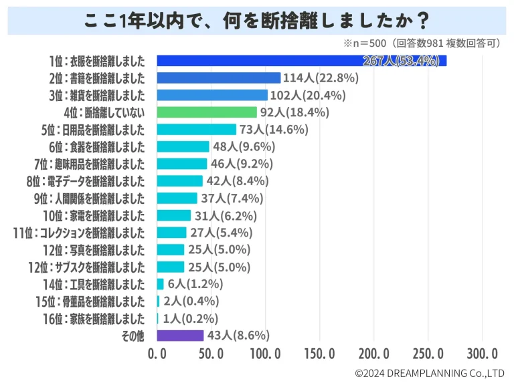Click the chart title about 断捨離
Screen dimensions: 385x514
256,19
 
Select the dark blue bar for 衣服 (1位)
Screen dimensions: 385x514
301,61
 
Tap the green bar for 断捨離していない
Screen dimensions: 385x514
207,112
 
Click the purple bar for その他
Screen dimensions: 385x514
180,336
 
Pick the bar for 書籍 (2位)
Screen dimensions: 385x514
219,78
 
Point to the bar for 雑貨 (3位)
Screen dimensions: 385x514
212,95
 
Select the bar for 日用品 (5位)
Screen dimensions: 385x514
197,129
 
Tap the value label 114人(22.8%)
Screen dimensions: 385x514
321,78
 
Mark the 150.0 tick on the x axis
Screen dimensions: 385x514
319,353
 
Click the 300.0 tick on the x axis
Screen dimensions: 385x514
481,353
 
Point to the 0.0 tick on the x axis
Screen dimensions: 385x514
157,353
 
